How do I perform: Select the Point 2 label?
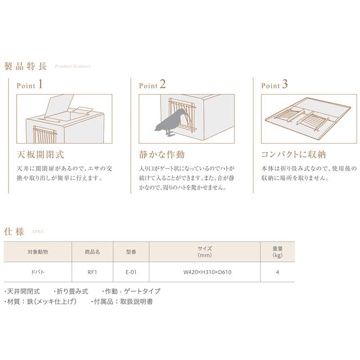[152, 85]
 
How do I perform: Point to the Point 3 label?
[274, 85]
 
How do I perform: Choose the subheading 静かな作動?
[162, 155]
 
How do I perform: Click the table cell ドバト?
[37, 272]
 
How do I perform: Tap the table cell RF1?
[93, 272]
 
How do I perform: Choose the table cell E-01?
[131, 272]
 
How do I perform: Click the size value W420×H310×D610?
[204, 272]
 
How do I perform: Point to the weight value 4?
[278, 272]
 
